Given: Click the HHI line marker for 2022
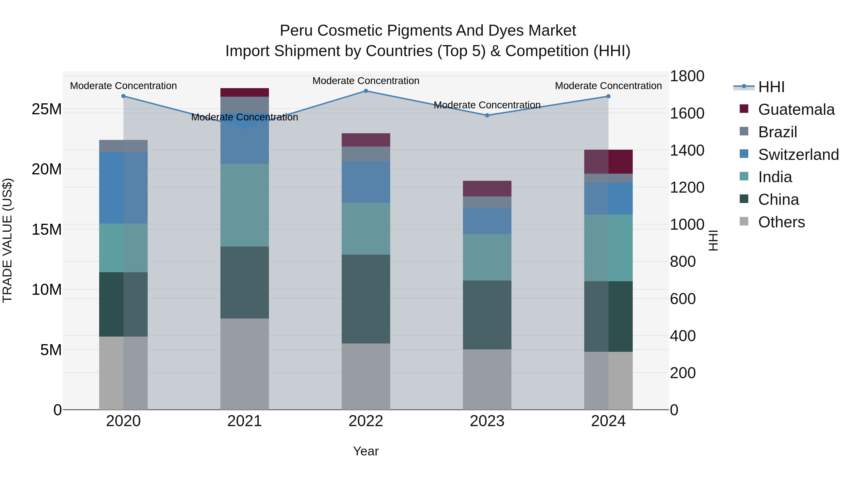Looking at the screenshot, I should pyautogui.click(x=366, y=91).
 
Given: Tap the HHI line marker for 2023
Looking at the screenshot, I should pyautogui.click(x=487, y=115).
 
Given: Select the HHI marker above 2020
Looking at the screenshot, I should pyautogui.click(x=123, y=96).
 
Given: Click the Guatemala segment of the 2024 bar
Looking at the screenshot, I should pyautogui.click(x=608, y=162).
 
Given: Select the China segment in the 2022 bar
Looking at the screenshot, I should pyautogui.click(x=366, y=299).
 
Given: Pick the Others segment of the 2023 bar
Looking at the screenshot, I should pyautogui.click(x=487, y=379).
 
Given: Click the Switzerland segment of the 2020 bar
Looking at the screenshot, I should pyautogui.click(x=123, y=188).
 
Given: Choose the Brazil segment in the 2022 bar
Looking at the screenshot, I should pyautogui.click(x=366, y=154).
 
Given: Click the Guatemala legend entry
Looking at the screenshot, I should pyautogui.click(x=796, y=110).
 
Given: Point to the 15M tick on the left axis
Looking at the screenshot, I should pyautogui.click(x=47, y=229).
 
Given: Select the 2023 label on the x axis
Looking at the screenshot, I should pyautogui.click(x=487, y=421).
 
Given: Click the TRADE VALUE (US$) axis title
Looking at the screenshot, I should pyautogui.click(x=7, y=240).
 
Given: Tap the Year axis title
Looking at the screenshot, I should pyautogui.click(x=366, y=451).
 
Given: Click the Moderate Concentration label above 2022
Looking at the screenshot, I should pyautogui.click(x=366, y=81).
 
